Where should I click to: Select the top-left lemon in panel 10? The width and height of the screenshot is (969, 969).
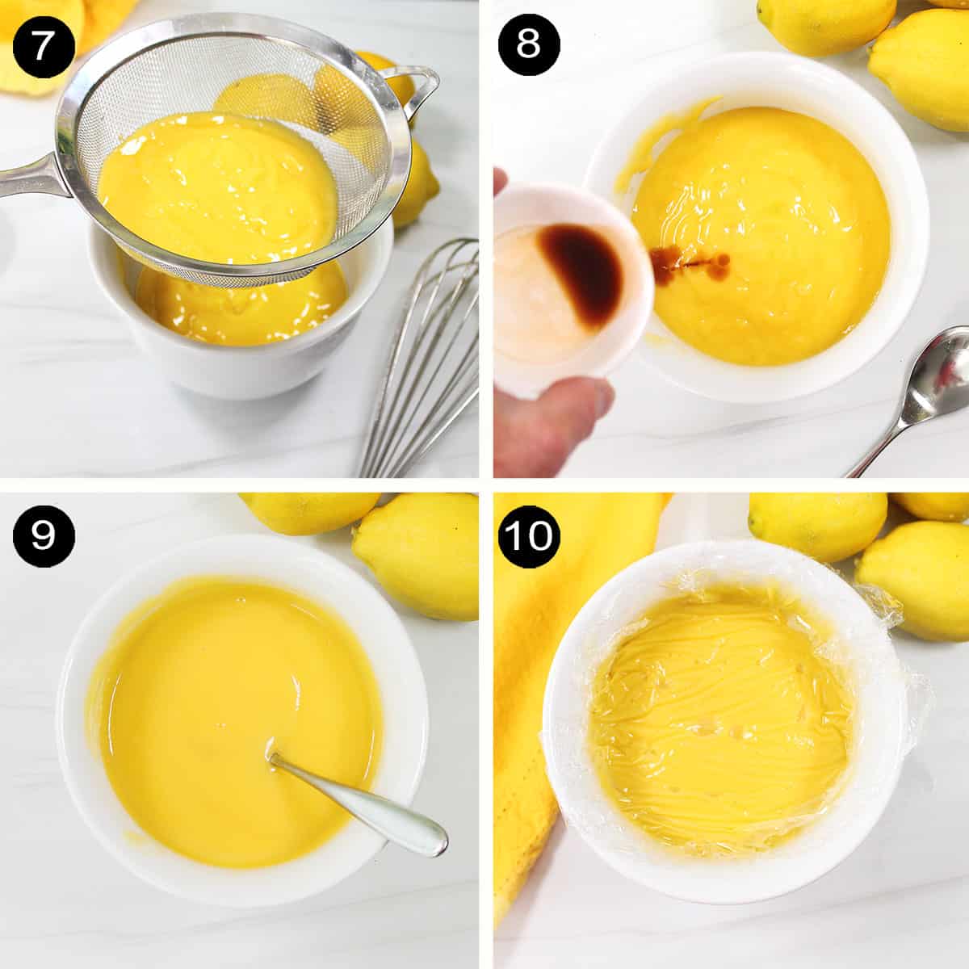click(816, 525)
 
